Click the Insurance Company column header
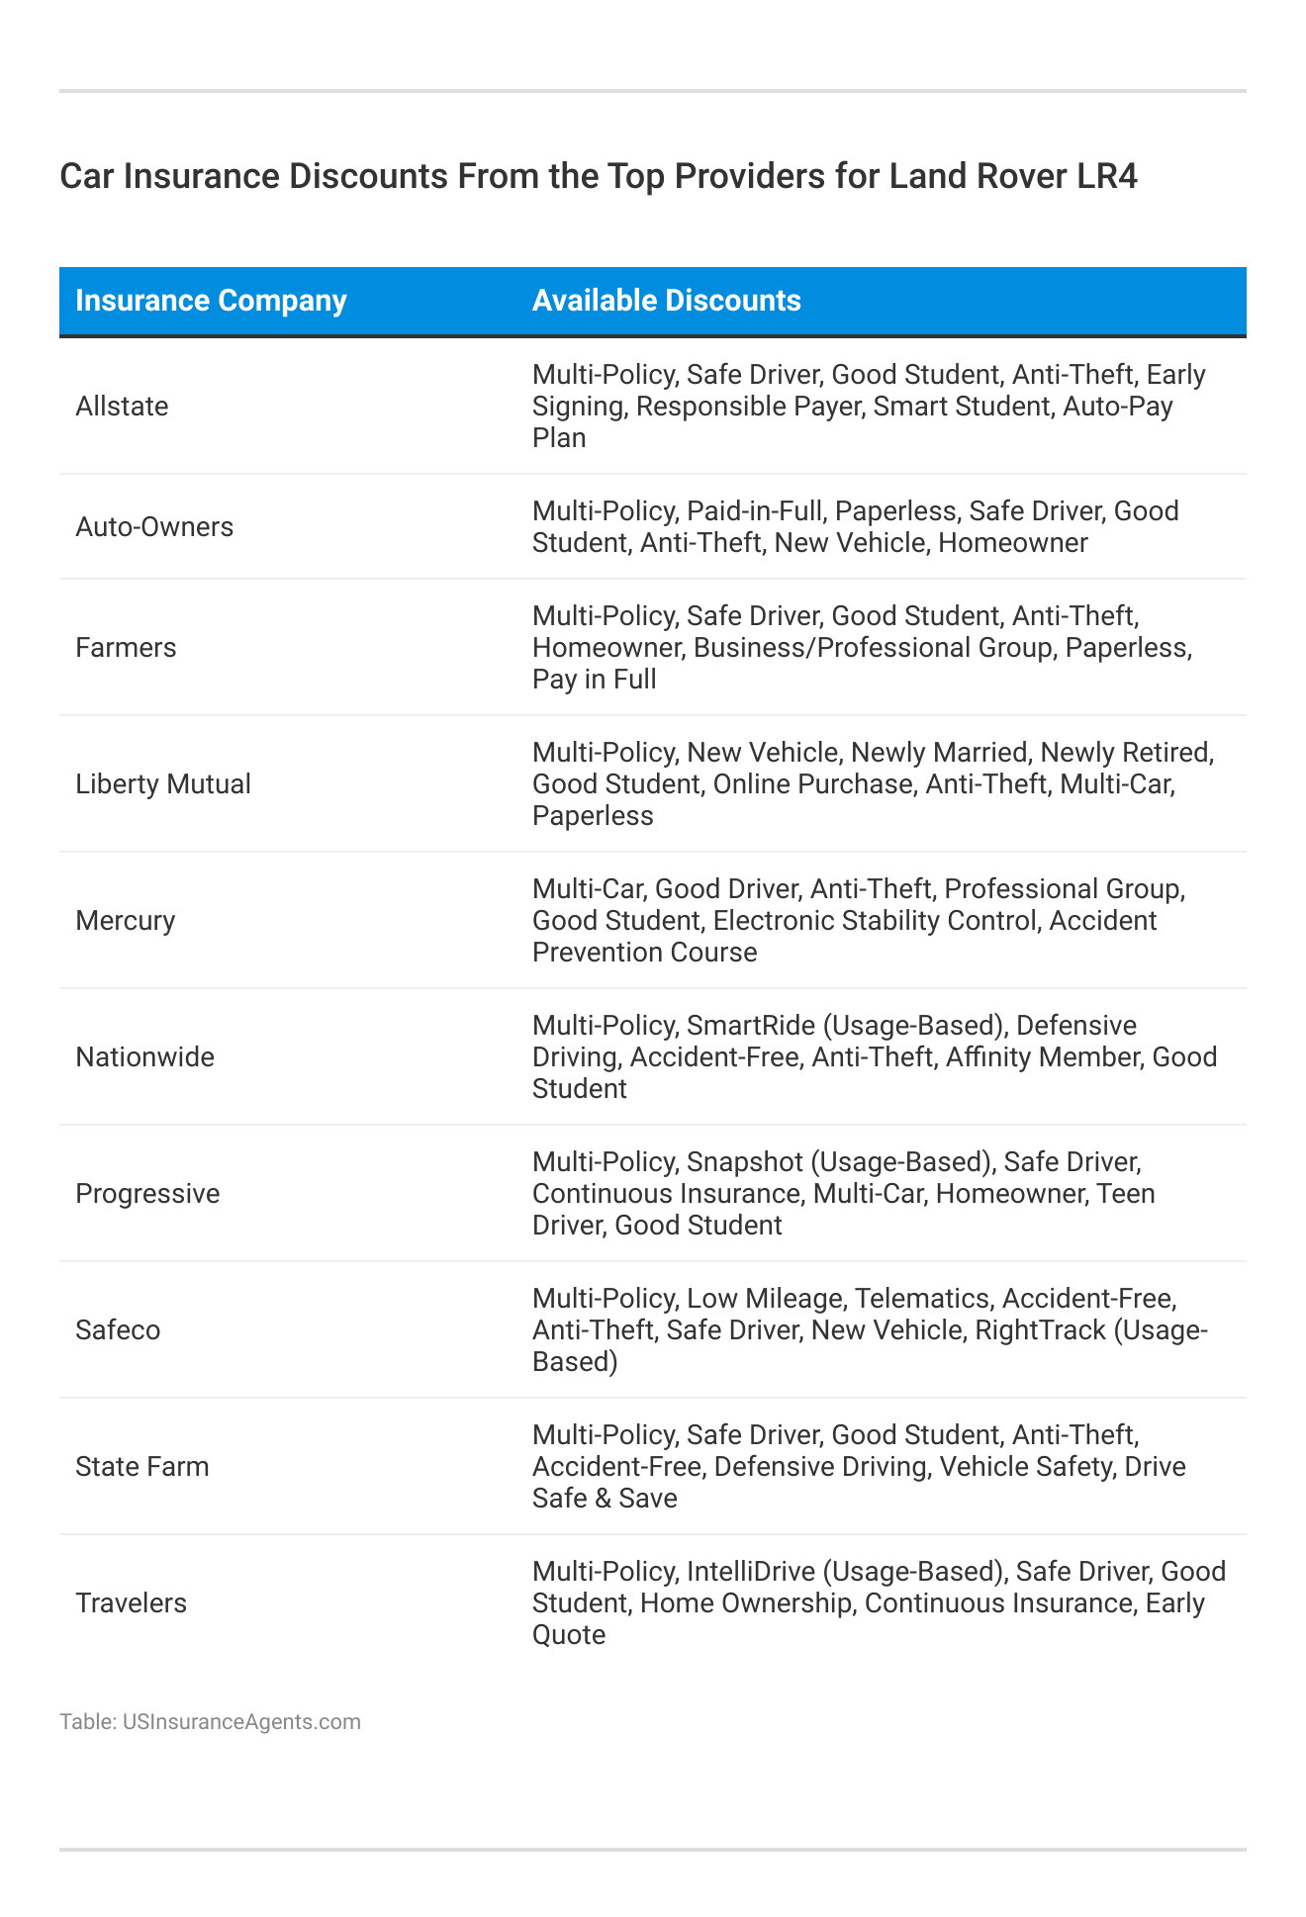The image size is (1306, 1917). coord(211,301)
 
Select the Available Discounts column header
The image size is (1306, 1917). coord(666,301)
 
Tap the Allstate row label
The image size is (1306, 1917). coord(122,407)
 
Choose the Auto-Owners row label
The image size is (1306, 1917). coord(154,527)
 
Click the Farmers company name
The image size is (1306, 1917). coord(126,648)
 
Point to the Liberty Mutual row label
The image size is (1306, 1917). coord(163,784)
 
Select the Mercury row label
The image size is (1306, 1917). coord(125,921)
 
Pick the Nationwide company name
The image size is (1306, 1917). coord(144,1057)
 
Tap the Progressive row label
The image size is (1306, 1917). coord(147,1194)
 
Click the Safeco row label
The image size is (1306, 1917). coord(118,1330)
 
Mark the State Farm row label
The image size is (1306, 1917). coord(142,1467)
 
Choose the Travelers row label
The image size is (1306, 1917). coord(131,1603)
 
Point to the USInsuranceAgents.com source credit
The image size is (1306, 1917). coord(241,1722)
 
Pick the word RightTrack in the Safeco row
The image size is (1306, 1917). coord(1040,1330)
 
